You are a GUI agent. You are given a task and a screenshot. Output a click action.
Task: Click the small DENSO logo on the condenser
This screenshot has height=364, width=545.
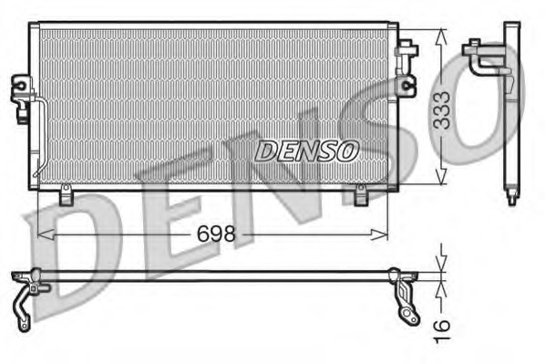tap(306, 151)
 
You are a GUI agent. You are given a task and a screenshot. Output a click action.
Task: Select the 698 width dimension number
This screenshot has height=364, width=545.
tap(217, 234)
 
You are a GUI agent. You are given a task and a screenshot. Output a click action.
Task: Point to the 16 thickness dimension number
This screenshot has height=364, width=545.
tap(442, 325)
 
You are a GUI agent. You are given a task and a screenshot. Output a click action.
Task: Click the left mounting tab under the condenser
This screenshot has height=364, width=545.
tap(66, 194)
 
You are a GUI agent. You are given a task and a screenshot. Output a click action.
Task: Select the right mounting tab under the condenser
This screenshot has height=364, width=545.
tap(361, 194)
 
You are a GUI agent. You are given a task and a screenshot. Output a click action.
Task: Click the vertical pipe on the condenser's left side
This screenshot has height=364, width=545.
tap(41, 137)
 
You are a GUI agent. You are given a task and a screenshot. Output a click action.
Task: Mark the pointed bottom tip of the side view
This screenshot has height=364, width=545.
tap(510, 199)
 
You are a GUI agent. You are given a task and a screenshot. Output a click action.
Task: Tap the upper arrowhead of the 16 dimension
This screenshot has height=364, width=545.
tap(441, 265)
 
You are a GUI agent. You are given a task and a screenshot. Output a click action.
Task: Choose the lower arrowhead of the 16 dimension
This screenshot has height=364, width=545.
tap(441, 285)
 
